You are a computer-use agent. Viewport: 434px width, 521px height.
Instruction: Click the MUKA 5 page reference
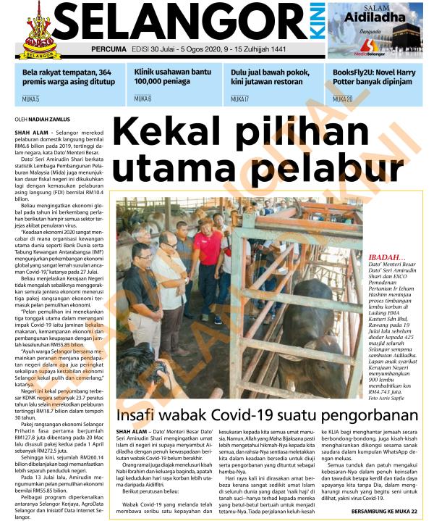(x=30, y=99)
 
